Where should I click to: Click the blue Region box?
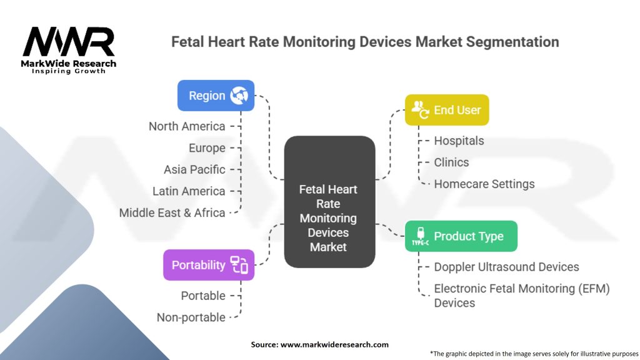[216, 96]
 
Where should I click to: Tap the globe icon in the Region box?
[239, 96]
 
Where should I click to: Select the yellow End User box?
[447, 110]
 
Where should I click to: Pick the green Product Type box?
[461, 236]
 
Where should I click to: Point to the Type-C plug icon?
[421, 236]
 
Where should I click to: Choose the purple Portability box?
[209, 265]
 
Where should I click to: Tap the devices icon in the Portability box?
[239, 265]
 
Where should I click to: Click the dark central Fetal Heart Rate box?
[329, 202]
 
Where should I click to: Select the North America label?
[187, 126]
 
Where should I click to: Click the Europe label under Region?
[207, 148]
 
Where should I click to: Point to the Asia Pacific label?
[195, 169]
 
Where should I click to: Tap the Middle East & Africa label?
[172, 212]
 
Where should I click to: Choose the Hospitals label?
[459, 141]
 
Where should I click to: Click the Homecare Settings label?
[484, 184]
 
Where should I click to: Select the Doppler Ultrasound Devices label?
[506, 267]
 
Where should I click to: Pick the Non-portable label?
[191, 317]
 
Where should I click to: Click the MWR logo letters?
[69, 41]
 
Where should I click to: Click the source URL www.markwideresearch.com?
[334, 344]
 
